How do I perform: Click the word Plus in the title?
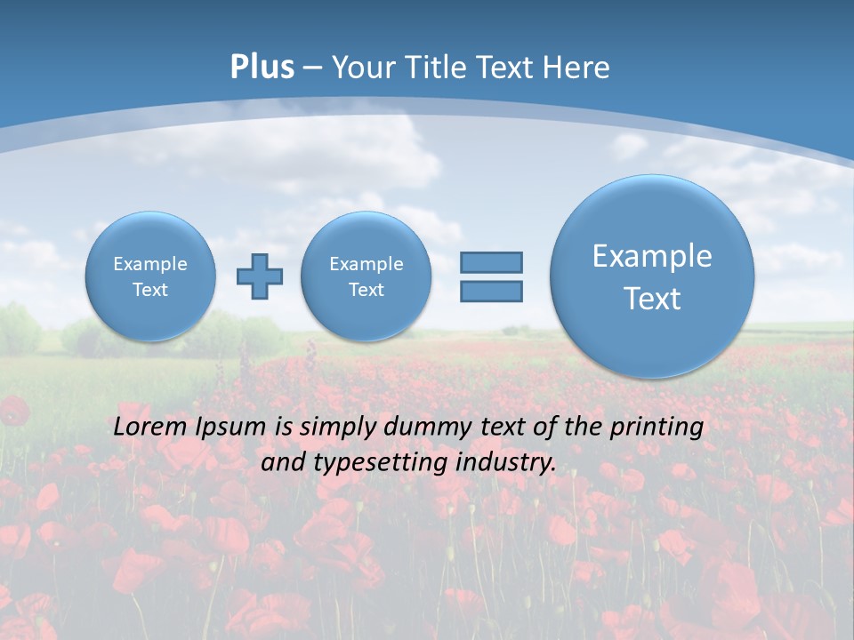(262, 68)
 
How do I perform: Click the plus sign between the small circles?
(260, 276)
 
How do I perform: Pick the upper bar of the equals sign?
(491, 262)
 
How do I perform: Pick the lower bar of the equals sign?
(491, 291)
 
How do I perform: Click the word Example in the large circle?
(652, 256)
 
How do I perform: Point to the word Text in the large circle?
(652, 299)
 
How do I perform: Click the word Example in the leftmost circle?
(150, 264)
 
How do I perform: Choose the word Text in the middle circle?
(366, 290)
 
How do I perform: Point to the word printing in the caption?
(658, 428)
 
